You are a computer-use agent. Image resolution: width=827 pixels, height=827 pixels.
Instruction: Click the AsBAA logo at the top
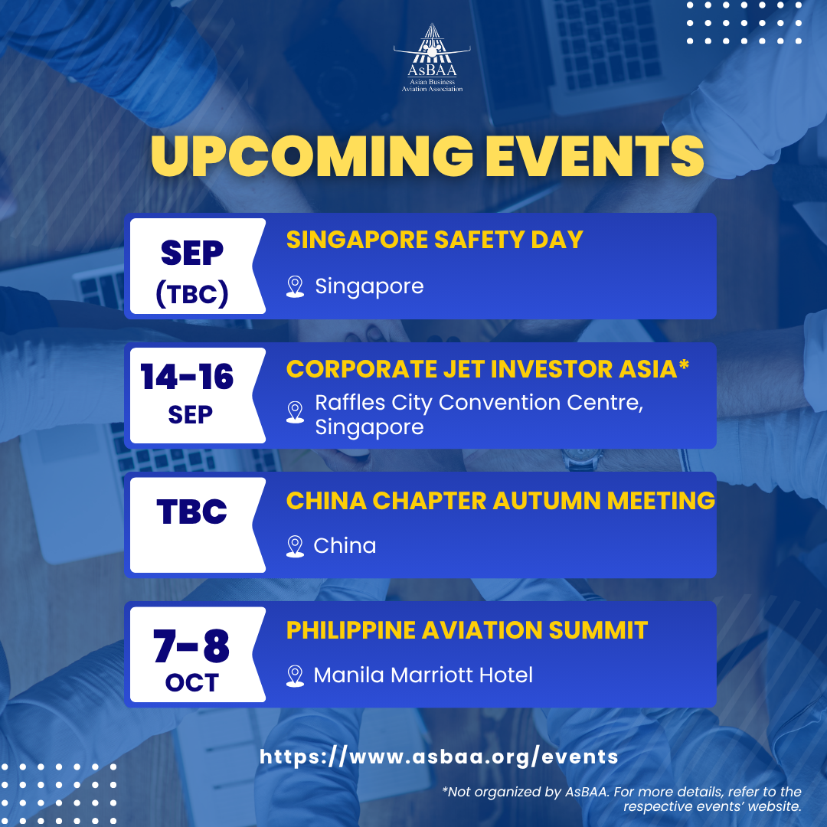pyautogui.click(x=432, y=58)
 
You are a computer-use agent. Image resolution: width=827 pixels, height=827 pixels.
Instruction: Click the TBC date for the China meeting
pyautogui.click(x=191, y=511)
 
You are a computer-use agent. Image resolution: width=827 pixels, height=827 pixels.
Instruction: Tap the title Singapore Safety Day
pyautogui.click(x=435, y=240)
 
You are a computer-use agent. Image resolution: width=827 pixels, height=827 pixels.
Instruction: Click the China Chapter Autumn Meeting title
pyautogui.click(x=501, y=501)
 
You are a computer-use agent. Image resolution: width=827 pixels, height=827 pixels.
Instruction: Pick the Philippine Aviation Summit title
pyautogui.click(x=467, y=630)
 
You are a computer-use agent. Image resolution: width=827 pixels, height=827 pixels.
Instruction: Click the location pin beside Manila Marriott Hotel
pyautogui.click(x=295, y=676)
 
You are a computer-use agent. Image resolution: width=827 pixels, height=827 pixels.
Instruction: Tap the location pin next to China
pyautogui.click(x=295, y=547)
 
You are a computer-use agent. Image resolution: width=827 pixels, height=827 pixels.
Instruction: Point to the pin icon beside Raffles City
pyautogui.click(x=295, y=413)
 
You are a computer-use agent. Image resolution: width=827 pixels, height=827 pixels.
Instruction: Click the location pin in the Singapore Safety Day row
pyautogui.click(x=295, y=287)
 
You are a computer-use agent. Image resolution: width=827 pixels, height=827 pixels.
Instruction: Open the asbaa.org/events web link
pyautogui.click(x=439, y=757)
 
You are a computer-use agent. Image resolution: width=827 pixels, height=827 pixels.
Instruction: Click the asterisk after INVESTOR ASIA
pyautogui.click(x=684, y=364)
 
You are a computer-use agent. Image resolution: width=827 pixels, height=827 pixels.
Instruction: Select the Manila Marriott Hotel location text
pyautogui.click(x=423, y=675)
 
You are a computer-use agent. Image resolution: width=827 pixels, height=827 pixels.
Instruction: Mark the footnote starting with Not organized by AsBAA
pyautogui.click(x=622, y=799)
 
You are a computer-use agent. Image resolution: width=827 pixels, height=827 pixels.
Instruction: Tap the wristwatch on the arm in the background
pyautogui.click(x=582, y=460)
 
